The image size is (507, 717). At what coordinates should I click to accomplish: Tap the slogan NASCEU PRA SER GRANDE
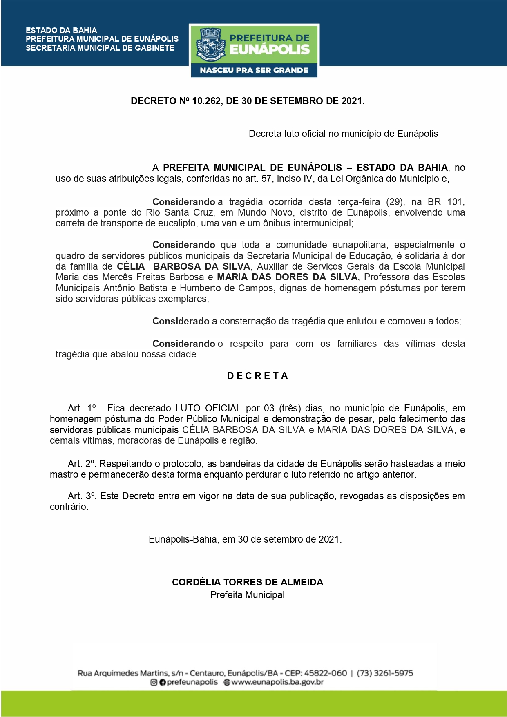point(254,70)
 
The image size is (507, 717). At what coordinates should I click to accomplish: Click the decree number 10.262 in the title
point(206,101)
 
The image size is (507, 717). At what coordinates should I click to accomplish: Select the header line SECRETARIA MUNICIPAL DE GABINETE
point(100,48)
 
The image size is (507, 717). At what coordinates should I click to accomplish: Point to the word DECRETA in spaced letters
point(258,376)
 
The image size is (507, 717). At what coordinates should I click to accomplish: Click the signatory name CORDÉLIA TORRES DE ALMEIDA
point(248,582)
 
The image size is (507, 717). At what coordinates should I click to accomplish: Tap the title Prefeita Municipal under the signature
point(248,595)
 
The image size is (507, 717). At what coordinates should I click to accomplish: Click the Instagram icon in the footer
point(154,682)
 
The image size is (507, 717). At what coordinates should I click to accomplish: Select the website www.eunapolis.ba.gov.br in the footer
point(277,682)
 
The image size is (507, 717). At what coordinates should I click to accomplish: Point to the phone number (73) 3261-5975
point(384,673)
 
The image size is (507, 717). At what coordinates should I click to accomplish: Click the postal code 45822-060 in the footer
point(326,673)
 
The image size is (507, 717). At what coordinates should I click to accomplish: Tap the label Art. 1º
point(83,408)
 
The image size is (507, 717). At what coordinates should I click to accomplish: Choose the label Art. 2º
point(82,464)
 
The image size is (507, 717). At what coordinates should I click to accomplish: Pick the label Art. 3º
point(82,496)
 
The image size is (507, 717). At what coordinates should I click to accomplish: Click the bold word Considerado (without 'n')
point(181,321)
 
